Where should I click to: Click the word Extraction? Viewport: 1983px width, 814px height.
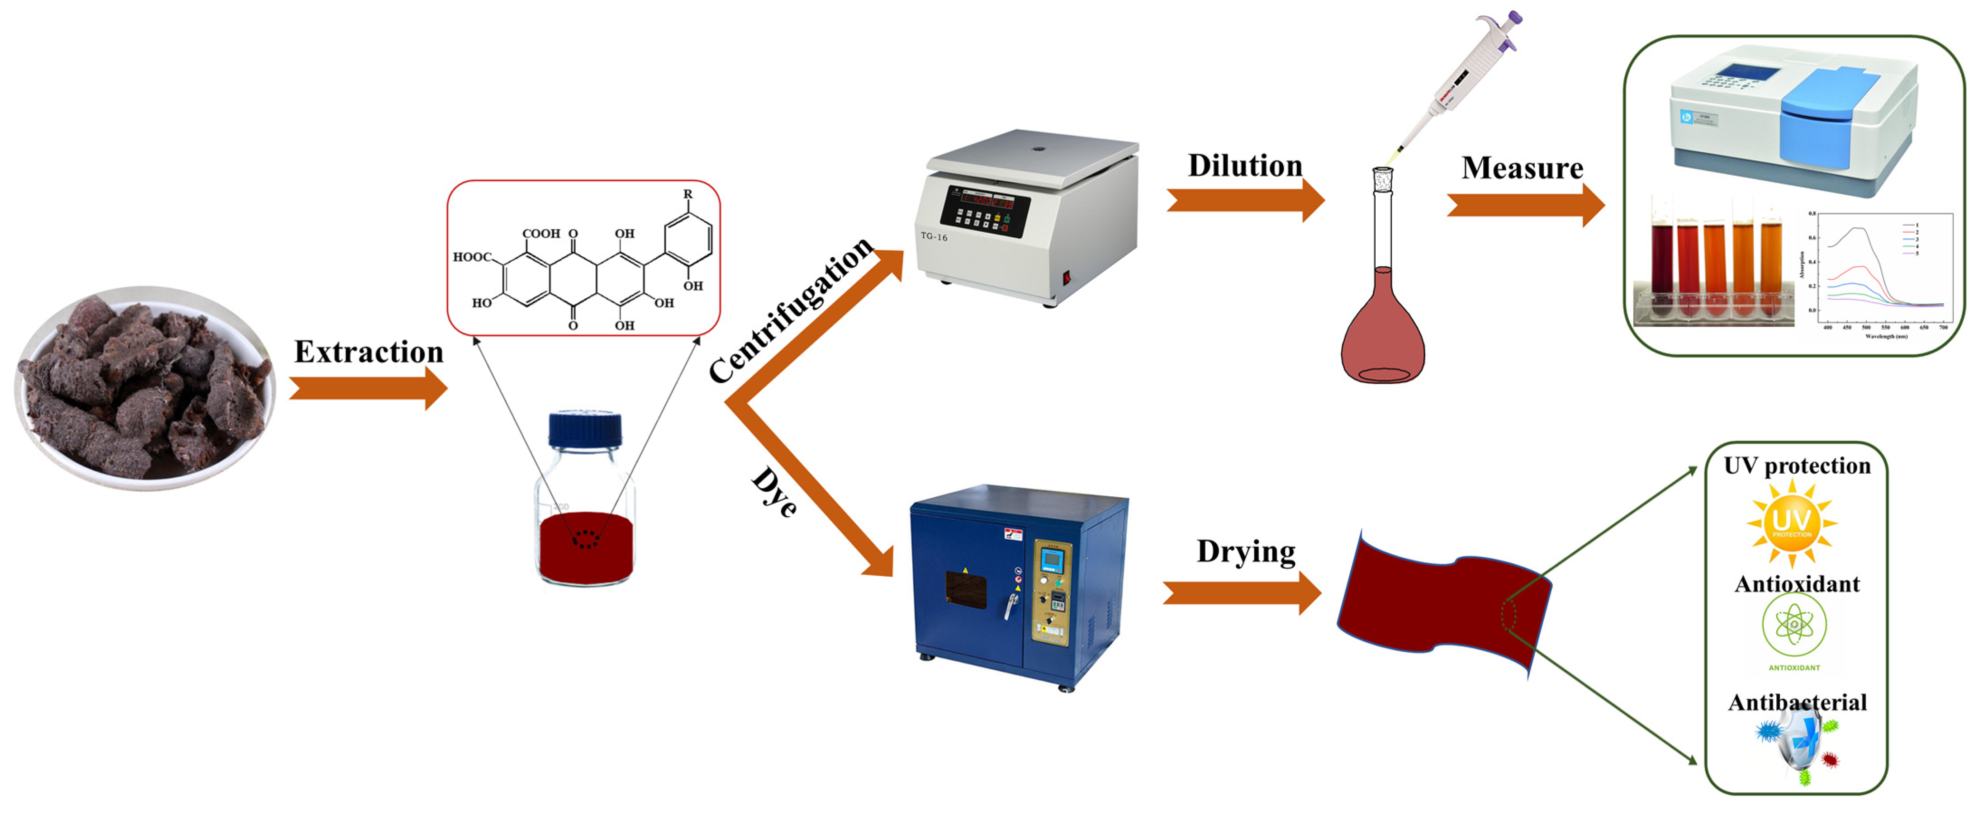tap(369, 353)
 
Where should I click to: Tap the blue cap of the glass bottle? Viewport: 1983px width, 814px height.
tap(585, 429)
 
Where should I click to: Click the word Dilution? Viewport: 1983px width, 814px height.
tap(1245, 166)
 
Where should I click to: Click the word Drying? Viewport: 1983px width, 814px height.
tap(1246, 552)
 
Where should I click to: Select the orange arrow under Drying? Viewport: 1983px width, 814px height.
tap(1242, 593)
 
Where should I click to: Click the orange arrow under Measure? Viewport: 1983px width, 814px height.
tap(1525, 206)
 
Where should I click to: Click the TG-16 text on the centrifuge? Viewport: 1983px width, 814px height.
tap(934, 237)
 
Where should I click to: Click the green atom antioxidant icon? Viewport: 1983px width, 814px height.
tap(1793, 625)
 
